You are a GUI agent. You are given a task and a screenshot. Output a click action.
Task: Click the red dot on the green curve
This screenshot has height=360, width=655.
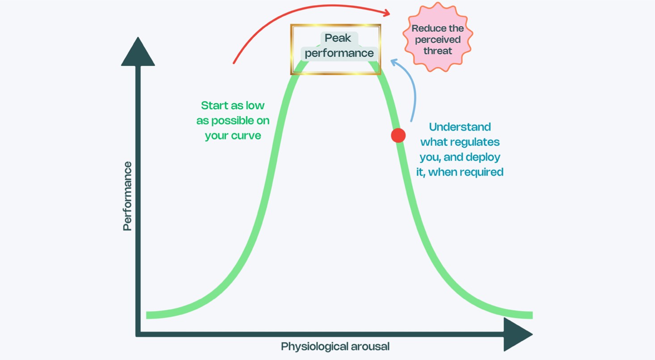pyautogui.click(x=398, y=135)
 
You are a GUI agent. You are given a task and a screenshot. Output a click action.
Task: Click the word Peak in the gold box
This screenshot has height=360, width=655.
pyautogui.click(x=338, y=38)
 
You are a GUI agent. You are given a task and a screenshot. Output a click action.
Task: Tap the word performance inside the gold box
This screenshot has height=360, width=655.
pyautogui.click(x=339, y=53)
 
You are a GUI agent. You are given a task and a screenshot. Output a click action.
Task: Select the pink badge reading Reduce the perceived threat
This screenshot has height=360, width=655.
pyautogui.click(x=438, y=39)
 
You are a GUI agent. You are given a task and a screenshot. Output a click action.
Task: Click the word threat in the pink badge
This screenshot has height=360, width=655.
pyautogui.click(x=438, y=51)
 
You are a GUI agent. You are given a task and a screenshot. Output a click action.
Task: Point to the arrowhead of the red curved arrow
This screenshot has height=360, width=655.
pyautogui.click(x=385, y=12)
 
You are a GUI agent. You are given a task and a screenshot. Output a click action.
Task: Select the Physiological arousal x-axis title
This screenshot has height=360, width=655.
pyautogui.click(x=335, y=346)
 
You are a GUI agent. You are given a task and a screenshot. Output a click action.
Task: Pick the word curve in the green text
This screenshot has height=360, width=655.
pyautogui.click(x=245, y=136)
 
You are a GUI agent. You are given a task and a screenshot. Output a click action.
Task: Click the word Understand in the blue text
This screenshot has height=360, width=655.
pyautogui.click(x=460, y=127)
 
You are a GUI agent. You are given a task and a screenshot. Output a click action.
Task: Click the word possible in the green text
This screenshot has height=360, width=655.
pyautogui.click(x=239, y=121)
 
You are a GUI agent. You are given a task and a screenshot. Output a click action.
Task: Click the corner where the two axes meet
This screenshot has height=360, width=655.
pyautogui.click(x=139, y=334)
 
